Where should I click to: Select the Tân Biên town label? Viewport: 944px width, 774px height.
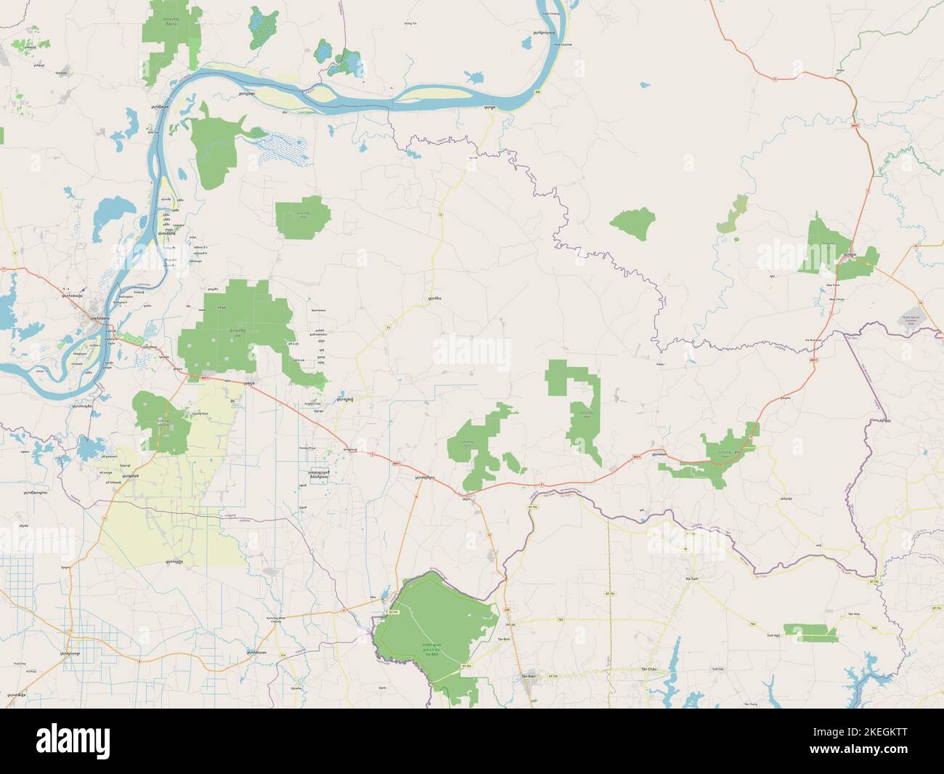[528, 676]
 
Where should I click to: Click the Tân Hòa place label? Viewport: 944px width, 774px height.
[852, 615]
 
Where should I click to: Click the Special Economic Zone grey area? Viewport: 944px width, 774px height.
[914, 319]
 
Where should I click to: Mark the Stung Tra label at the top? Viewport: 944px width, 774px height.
[410, 24]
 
